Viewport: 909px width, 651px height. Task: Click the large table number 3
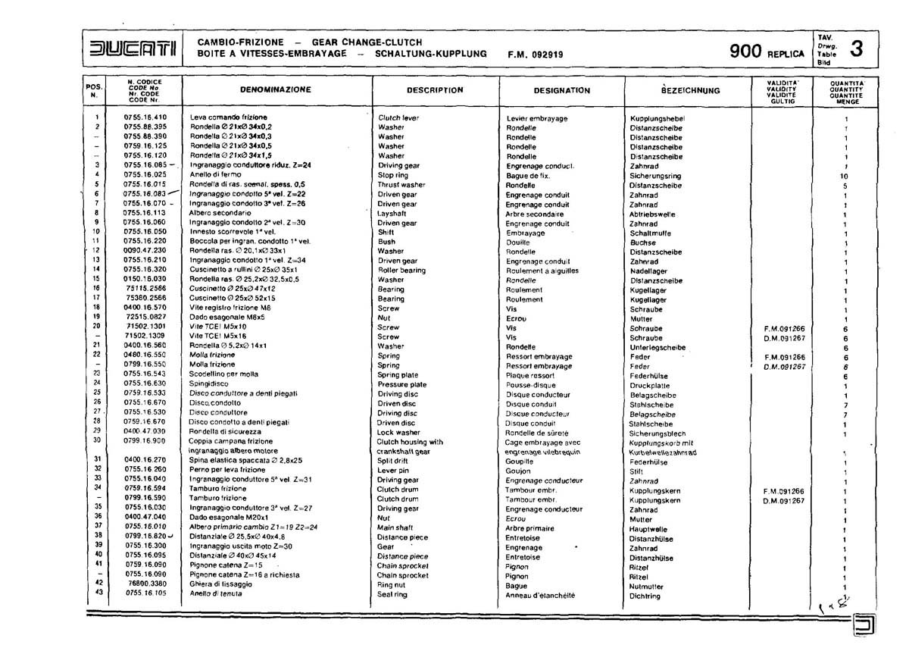click(x=857, y=50)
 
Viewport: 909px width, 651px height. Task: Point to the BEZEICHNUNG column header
click(x=690, y=91)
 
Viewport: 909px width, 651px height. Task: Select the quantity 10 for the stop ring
click(x=845, y=176)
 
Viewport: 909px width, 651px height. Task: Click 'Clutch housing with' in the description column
click(x=410, y=442)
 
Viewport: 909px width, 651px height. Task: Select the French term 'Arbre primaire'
click(x=530, y=529)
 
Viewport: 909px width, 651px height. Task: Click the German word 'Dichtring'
click(x=645, y=596)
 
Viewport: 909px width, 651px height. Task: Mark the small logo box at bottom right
click(x=863, y=624)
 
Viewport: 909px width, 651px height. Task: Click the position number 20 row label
click(x=97, y=327)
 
